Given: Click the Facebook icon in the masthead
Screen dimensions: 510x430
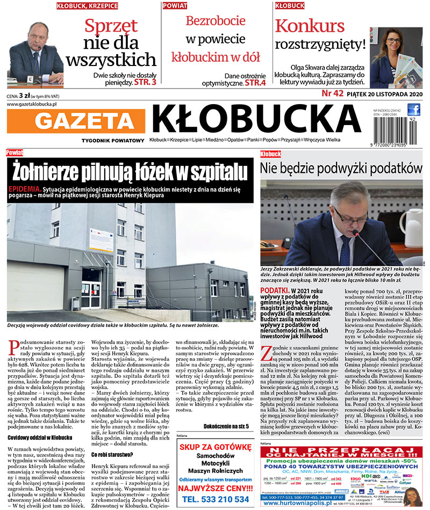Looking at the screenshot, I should [413, 109].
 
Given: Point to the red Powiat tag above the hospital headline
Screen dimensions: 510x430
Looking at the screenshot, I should [15, 153].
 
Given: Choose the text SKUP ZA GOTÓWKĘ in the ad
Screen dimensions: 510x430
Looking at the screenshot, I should [215, 447].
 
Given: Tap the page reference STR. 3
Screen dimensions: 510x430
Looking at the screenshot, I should [146, 83].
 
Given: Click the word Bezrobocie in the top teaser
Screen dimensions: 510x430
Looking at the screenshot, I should [215, 21].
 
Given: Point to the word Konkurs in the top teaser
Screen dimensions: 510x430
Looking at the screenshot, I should [310, 25].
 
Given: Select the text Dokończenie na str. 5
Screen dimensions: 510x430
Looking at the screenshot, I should [226, 426].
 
